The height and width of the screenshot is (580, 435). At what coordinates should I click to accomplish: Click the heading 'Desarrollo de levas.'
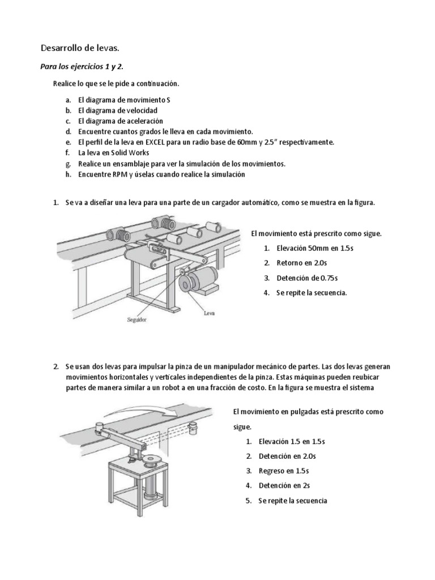(x=79, y=48)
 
